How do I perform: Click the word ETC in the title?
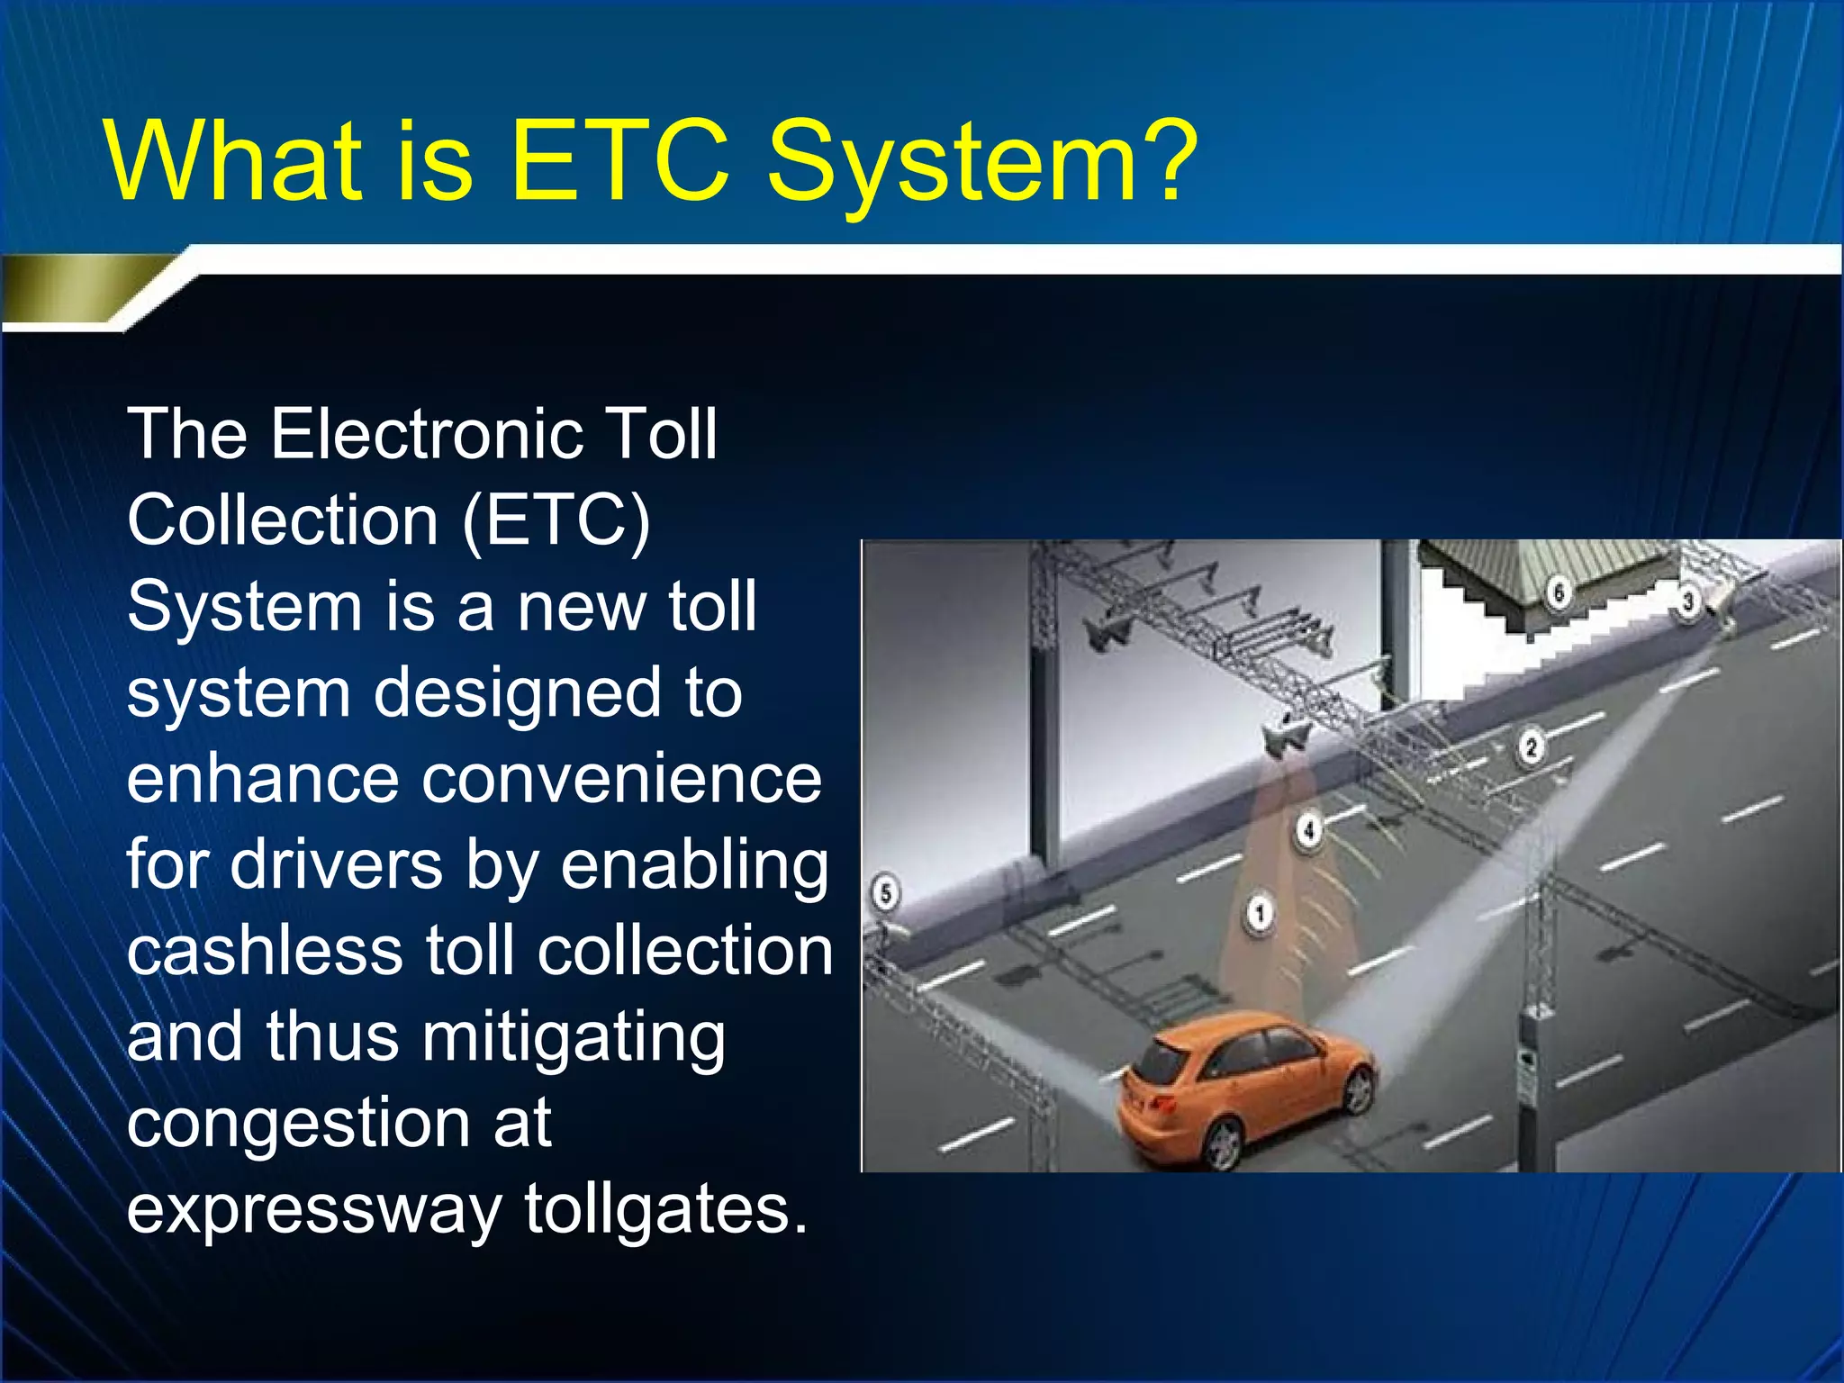click(619, 162)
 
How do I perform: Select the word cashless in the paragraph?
click(265, 952)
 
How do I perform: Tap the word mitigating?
click(574, 1038)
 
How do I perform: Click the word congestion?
click(297, 1125)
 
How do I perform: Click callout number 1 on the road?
click(1260, 913)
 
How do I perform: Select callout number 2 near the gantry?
click(1531, 747)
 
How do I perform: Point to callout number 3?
click(1688, 601)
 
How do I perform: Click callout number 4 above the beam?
click(1309, 830)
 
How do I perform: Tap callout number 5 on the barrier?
click(886, 894)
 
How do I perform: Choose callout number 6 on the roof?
click(1559, 592)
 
